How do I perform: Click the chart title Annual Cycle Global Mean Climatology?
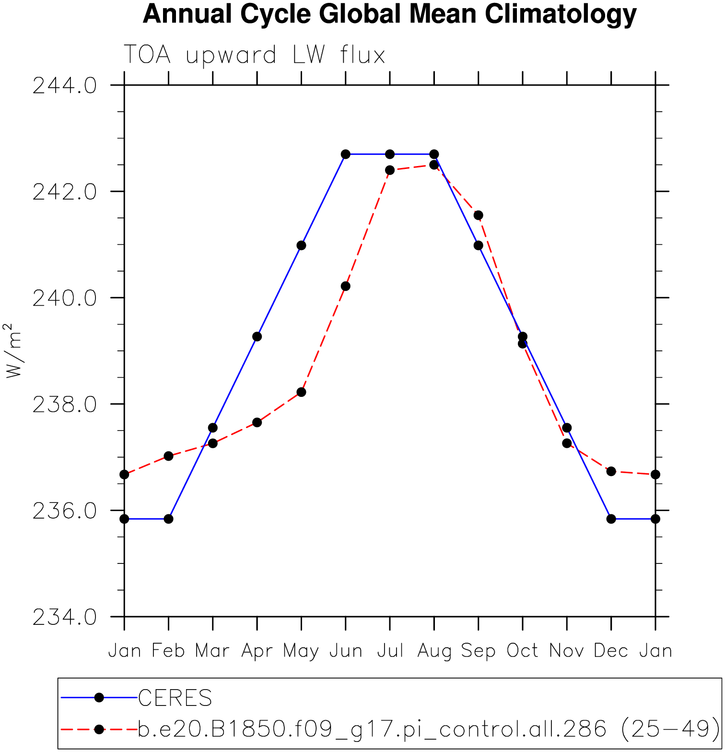pyautogui.click(x=389, y=14)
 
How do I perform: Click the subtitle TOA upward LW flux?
pyautogui.click(x=254, y=55)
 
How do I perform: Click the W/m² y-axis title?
pyautogui.click(x=13, y=350)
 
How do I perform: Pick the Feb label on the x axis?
pyautogui.click(x=168, y=651)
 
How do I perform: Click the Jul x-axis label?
pyautogui.click(x=390, y=651)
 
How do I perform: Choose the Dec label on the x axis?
pyautogui.click(x=611, y=651)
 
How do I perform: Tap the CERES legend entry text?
pyautogui.click(x=175, y=698)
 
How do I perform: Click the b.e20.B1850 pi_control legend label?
pyautogui.click(x=429, y=729)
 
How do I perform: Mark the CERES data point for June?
pyautogui.click(x=346, y=154)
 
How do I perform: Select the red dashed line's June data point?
pyautogui.click(x=346, y=286)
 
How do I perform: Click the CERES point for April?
pyautogui.click(x=257, y=336)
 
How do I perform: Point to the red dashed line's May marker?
pyautogui.click(x=301, y=392)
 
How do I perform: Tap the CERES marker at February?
pyautogui.click(x=168, y=519)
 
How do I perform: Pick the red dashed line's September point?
pyautogui.click(x=479, y=215)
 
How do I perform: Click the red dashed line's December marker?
pyautogui.click(x=611, y=471)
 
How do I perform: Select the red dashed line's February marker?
pyautogui.click(x=168, y=456)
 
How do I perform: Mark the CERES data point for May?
pyautogui.click(x=301, y=245)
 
